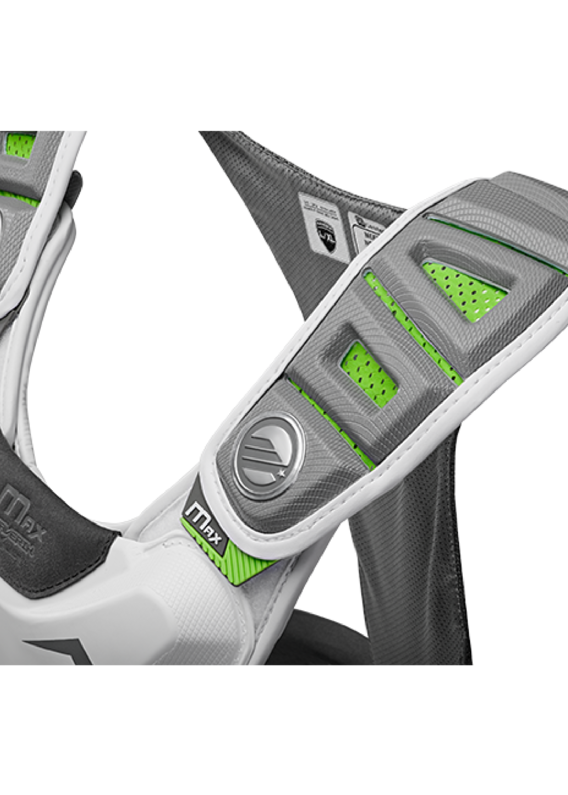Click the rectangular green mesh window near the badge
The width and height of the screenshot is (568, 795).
tap(369, 374)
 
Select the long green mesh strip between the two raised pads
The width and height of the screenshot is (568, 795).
tap(413, 329)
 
